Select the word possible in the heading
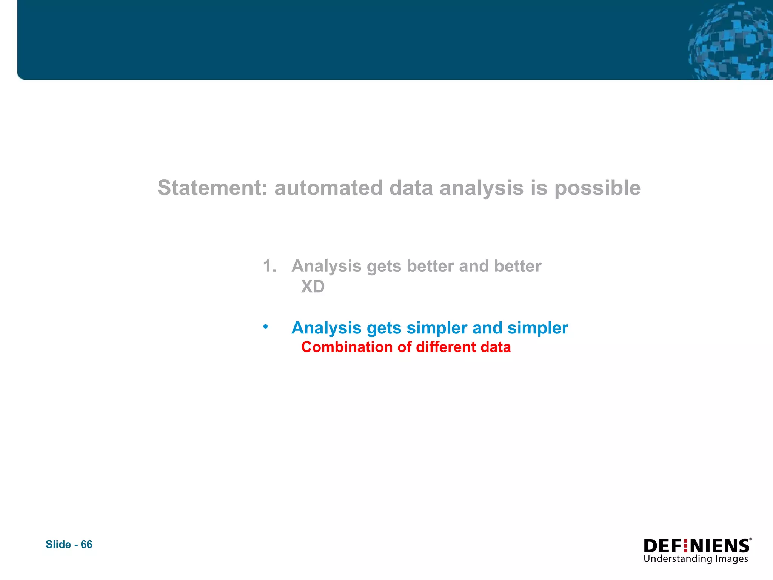[x=597, y=188]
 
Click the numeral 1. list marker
[x=269, y=266]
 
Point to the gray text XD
[x=313, y=287]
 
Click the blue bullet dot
[x=266, y=326]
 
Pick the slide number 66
[x=86, y=544]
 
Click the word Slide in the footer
[x=58, y=544]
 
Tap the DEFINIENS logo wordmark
[x=696, y=546]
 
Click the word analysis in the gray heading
[x=481, y=188]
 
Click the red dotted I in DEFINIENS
[x=685, y=546]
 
